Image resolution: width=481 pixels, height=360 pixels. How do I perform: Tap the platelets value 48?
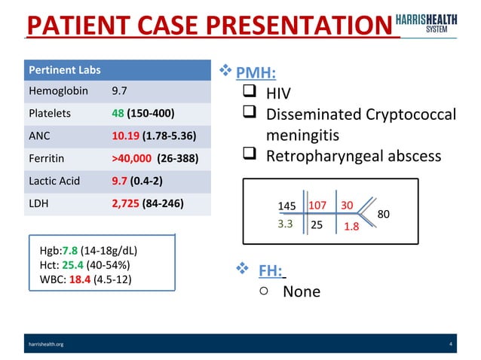tap(118, 114)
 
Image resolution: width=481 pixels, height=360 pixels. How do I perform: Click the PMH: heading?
tap(256, 73)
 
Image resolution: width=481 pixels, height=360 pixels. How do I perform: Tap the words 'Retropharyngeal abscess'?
tap(353, 157)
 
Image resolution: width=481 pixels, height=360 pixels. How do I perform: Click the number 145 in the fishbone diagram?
tap(286, 206)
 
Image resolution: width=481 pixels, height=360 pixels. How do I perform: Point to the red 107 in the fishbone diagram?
tap(317, 205)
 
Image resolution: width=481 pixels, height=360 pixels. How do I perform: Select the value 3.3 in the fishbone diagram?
tap(285, 223)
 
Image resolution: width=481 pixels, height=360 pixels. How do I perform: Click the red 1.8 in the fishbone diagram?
tap(351, 224)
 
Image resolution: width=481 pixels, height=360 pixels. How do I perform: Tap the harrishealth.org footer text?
tap(46, 344)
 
